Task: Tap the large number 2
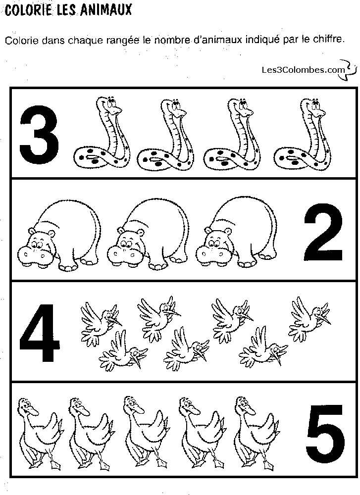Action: (x=323, y=232)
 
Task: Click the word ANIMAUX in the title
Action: (x=106, y=10)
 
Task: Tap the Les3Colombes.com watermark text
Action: (x=303, y=70)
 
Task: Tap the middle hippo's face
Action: (x=126, y=248)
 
